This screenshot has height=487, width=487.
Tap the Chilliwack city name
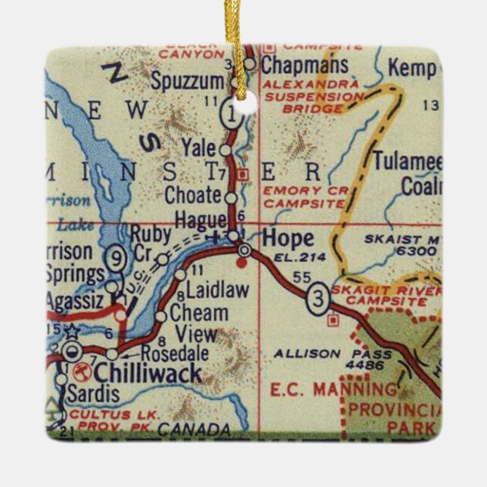147,373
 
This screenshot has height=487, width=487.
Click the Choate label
193,195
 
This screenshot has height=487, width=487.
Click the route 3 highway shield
318,300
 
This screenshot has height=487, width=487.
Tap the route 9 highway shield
115,257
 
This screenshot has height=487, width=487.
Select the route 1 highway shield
231,114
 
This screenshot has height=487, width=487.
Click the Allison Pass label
333,353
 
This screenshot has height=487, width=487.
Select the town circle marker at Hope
243,250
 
